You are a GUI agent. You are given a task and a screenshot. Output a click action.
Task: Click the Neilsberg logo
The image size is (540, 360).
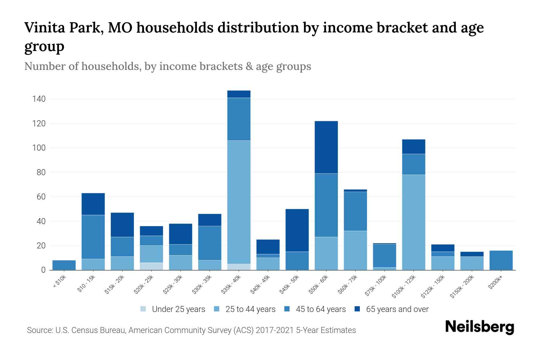pyautogui.click(x=479, y=327)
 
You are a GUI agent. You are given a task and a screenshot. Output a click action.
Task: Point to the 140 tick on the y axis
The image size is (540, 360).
pyautogui.click(x=39, y=99)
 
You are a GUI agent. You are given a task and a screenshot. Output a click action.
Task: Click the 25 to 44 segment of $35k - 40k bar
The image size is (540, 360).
pyautogui.click(x=239, y=202)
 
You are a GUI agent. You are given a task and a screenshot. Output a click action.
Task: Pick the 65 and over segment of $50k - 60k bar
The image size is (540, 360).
pyautogui.click(x=326, y=147)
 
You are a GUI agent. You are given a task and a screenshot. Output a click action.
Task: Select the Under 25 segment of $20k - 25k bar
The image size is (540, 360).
pyautogui.click(x=151, y=266)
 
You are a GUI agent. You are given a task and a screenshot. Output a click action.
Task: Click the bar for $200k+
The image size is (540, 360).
pyautogui.click(x=501, y=260)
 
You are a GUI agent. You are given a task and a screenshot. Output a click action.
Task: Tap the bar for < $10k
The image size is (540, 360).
pyautogui.click(x=64, y=265)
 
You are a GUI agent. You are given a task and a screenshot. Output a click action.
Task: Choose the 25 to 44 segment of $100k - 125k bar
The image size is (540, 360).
pyautogui.click(x=413, y=222)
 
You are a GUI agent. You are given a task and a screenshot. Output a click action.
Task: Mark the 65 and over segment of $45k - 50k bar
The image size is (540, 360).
pyautogui.click(x=297, y=230)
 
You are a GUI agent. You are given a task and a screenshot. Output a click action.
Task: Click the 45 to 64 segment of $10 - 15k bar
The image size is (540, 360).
pyautogui.click(x=93, y=237)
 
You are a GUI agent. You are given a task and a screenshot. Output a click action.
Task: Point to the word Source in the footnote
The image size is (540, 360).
pyautogui.click(x=39, y=330)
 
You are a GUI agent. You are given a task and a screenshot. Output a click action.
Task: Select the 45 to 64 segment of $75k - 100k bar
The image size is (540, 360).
pyautogui.click(x=384, y=256)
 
